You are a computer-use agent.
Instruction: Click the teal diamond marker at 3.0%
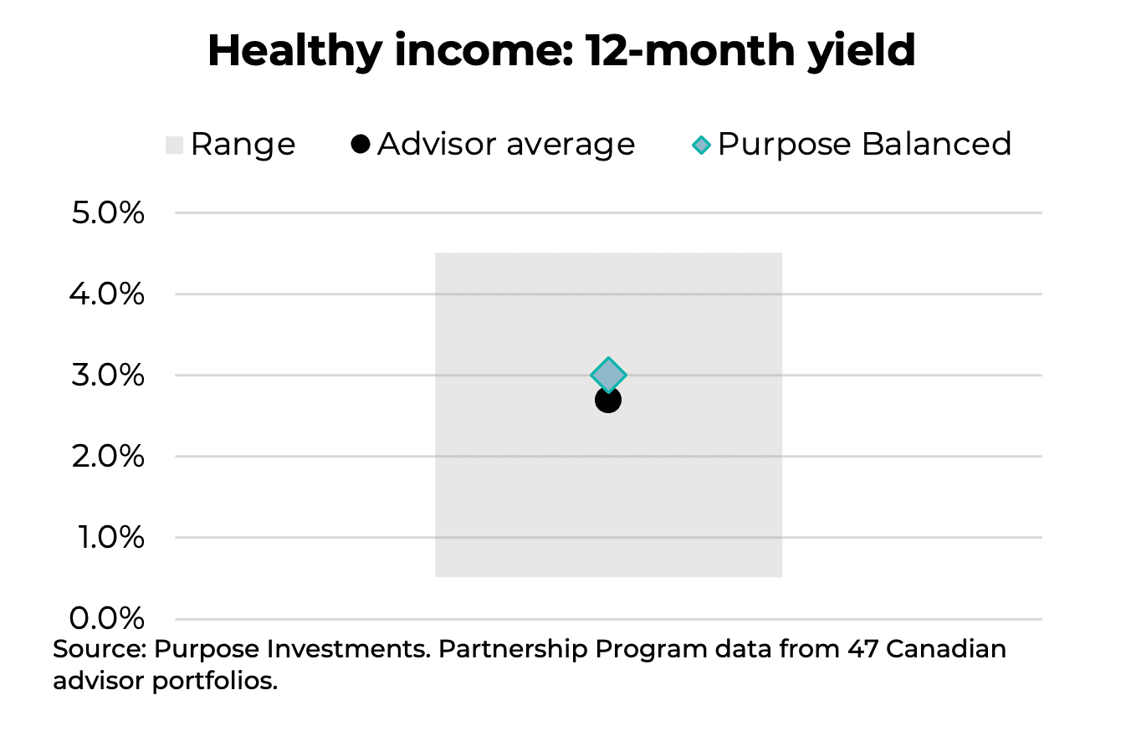pyautogui.click(x=608, y=374)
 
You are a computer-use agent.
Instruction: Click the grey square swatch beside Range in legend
pyautogui.click(x=174, y=145)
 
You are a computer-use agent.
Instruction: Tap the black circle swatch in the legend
pyautogui.click(x=361, y=144)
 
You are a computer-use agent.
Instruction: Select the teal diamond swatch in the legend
pyautogui.click(x=702, y=145)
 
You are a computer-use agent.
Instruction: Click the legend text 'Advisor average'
pyautogui.click(x=506, y=144)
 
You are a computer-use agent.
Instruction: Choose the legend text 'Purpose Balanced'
pyautogui.click(x=864, y=144)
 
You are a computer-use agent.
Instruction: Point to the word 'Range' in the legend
pyautogui.click(x=243, y=145)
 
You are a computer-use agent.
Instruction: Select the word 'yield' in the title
pyautogui.click(x=864, y=52)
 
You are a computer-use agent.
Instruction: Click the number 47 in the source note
pyautogui.click(x=865, y=649)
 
